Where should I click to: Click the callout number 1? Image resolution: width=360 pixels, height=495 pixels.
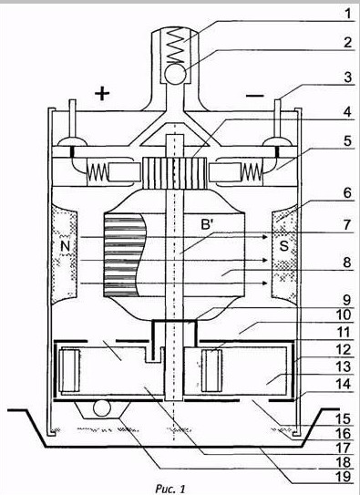click(347, 14)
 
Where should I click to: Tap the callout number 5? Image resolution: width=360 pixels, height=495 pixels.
click(347, 140)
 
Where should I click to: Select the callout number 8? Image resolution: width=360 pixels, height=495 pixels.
click(347, 262)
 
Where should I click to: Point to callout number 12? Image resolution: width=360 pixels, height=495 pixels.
click(344, 350)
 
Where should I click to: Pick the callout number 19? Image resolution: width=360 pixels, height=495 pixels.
click(344, 476)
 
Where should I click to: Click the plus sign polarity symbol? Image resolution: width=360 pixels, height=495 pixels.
click(102, 94)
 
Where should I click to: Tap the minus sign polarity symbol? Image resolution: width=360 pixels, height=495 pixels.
click(255, 96)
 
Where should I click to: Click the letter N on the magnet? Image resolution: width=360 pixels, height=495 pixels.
click(65, 245)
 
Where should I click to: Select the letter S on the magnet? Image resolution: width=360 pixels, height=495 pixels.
click(284, 245)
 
